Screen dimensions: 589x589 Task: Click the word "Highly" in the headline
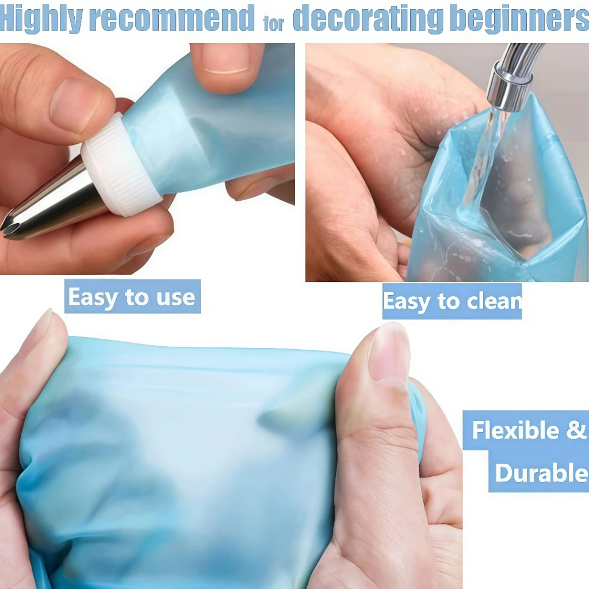click(x=41, y=18)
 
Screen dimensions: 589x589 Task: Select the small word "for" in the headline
click(x=274, y=23)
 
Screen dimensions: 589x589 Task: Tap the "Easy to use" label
click(x=132, y=296)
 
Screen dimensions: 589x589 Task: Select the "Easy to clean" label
click(x=452, y=301)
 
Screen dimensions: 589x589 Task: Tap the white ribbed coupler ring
click(x=119, y=165)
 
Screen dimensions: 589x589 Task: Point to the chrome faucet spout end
click(x=510, y=93)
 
